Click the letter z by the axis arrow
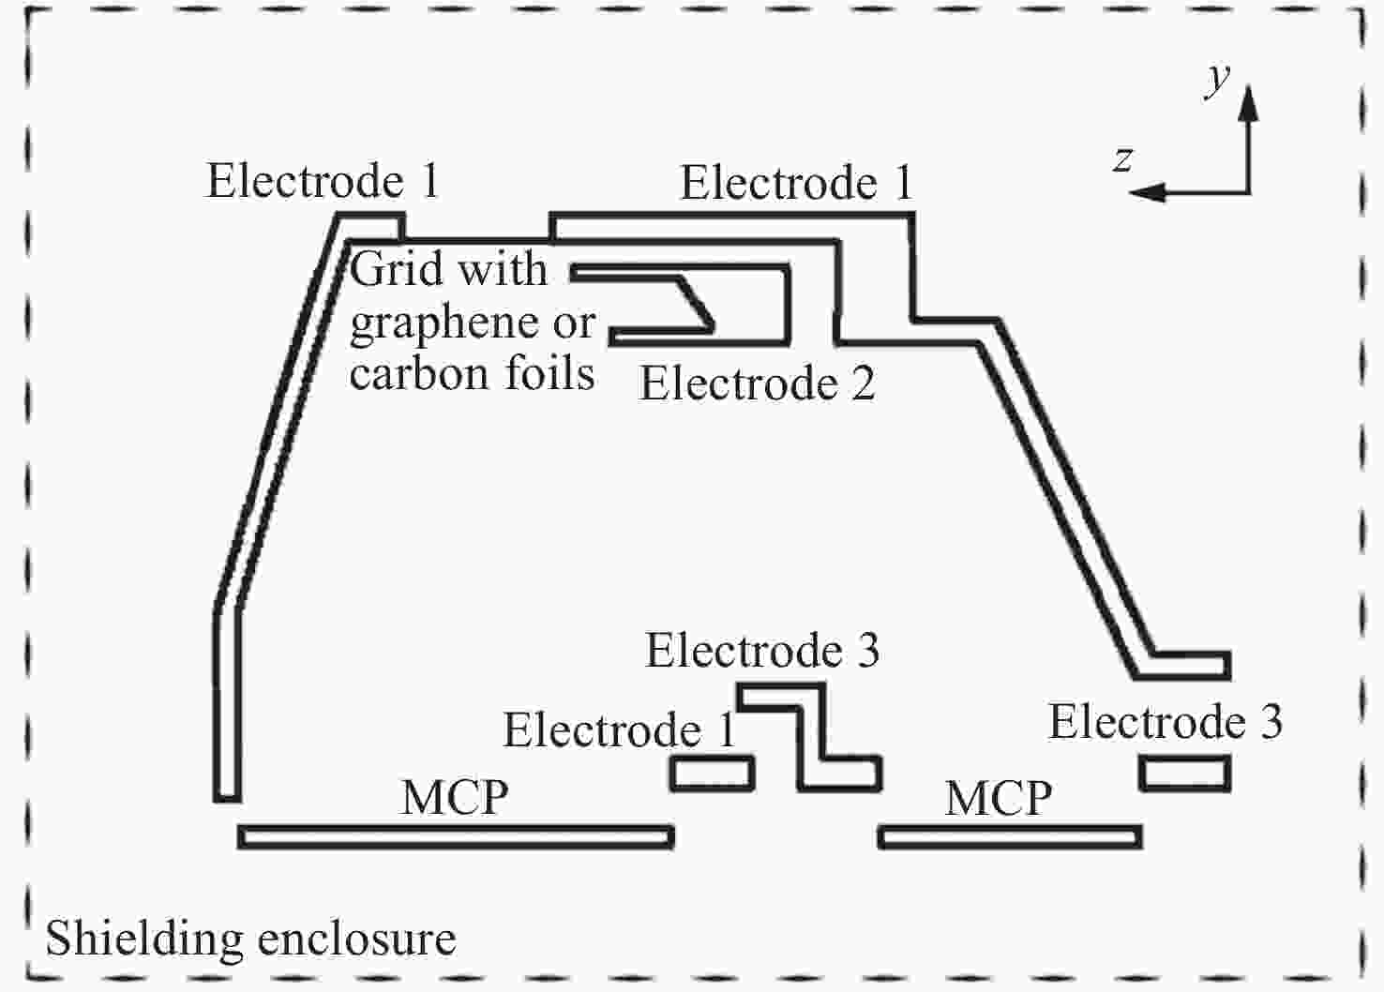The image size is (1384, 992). click(x=1122, y=159)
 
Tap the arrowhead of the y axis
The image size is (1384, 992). click(x=1249, y=102)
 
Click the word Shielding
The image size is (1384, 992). click(x=144, y=939)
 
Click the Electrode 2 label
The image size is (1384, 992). click(x=757, y=383)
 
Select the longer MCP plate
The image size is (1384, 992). click(x=456, y=837)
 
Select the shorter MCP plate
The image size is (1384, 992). click(x=1010, y=837)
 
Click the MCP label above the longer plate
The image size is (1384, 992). click(x=455, y=797)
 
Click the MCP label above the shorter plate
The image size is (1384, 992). click(x=999, y=797)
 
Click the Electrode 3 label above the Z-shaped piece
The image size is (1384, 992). click(x=761, y=651)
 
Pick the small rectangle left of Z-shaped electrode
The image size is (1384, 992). click(x=713, y=774)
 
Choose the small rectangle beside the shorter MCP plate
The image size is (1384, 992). click(x=1184, y=773)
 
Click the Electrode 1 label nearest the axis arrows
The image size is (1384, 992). click(x=796, y=182)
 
